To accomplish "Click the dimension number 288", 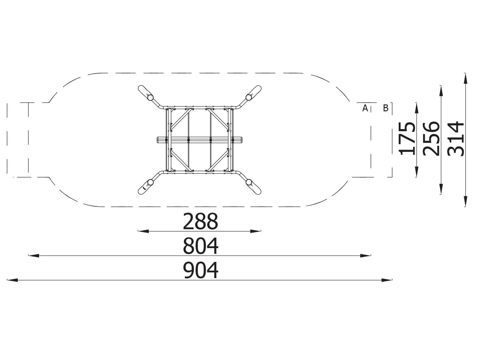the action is pyautogui.click(x=200, y=221).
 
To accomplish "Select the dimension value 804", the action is pyautogui.click(x=200, y=246).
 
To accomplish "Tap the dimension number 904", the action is pyautogui.click(x=200, y=270).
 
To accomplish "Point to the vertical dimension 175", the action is pyautogui.click(x=407, y=139).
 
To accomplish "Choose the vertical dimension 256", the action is pyautogui.click(x=431, y=139).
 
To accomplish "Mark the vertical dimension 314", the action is pyautogui.click(x=455, y=139).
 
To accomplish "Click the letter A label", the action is pyautogui.click(x=365, y=108).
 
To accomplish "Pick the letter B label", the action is pyautogui.click(x=385, y=108).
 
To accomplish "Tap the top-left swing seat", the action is pyautogui.click(x=145, y=93).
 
